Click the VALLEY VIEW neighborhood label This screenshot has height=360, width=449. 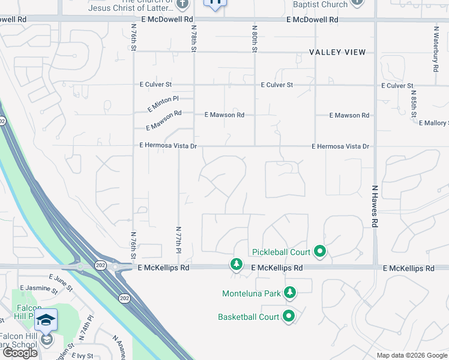coord(337,52)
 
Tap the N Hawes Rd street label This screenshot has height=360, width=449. coord(374,206)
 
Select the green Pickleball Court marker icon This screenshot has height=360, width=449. coord(320,251)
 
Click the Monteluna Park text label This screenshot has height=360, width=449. coord(251,293)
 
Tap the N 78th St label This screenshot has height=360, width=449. coord(194,38)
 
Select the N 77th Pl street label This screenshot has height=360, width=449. coord(178,239)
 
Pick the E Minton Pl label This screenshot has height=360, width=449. coord(163,103)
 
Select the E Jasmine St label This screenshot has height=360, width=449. coord(38,291)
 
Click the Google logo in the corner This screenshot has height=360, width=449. coord(20,353)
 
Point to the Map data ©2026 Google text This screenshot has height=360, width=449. coord(412,355)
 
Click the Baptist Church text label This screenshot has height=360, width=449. coord(320,4)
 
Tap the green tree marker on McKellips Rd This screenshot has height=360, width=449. coord(237,264)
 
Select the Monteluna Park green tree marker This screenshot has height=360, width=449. coord(291,293)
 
